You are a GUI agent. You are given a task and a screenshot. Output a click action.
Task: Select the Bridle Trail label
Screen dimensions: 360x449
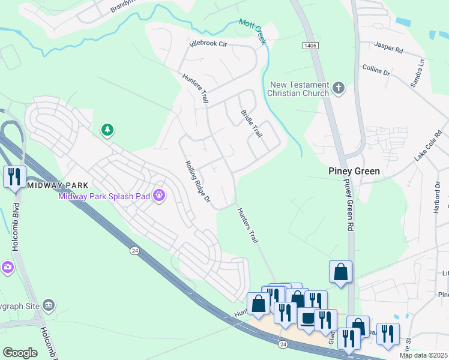tap(252, 124)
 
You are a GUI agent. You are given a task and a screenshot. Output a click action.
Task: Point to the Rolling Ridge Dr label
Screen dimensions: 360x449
tap(197, 181)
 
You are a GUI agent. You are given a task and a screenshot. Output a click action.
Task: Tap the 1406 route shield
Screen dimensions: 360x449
tap(310, 46)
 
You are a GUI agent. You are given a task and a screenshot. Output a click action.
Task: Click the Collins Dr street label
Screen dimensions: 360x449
tap(376, 70)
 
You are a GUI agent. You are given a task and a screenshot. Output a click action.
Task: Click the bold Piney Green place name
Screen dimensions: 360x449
tap(354, 171)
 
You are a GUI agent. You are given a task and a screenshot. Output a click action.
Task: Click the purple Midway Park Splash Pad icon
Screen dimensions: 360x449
tap(159, 195)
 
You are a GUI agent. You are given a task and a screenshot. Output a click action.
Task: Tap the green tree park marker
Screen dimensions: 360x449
tap(107, 130)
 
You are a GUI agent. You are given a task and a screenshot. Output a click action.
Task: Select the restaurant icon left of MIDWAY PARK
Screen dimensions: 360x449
tap(14, 177)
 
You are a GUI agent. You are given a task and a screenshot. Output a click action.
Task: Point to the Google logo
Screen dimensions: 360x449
tap(20, 352)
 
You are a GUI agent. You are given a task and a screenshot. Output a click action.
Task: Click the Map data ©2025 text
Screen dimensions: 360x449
tap(423, 355)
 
